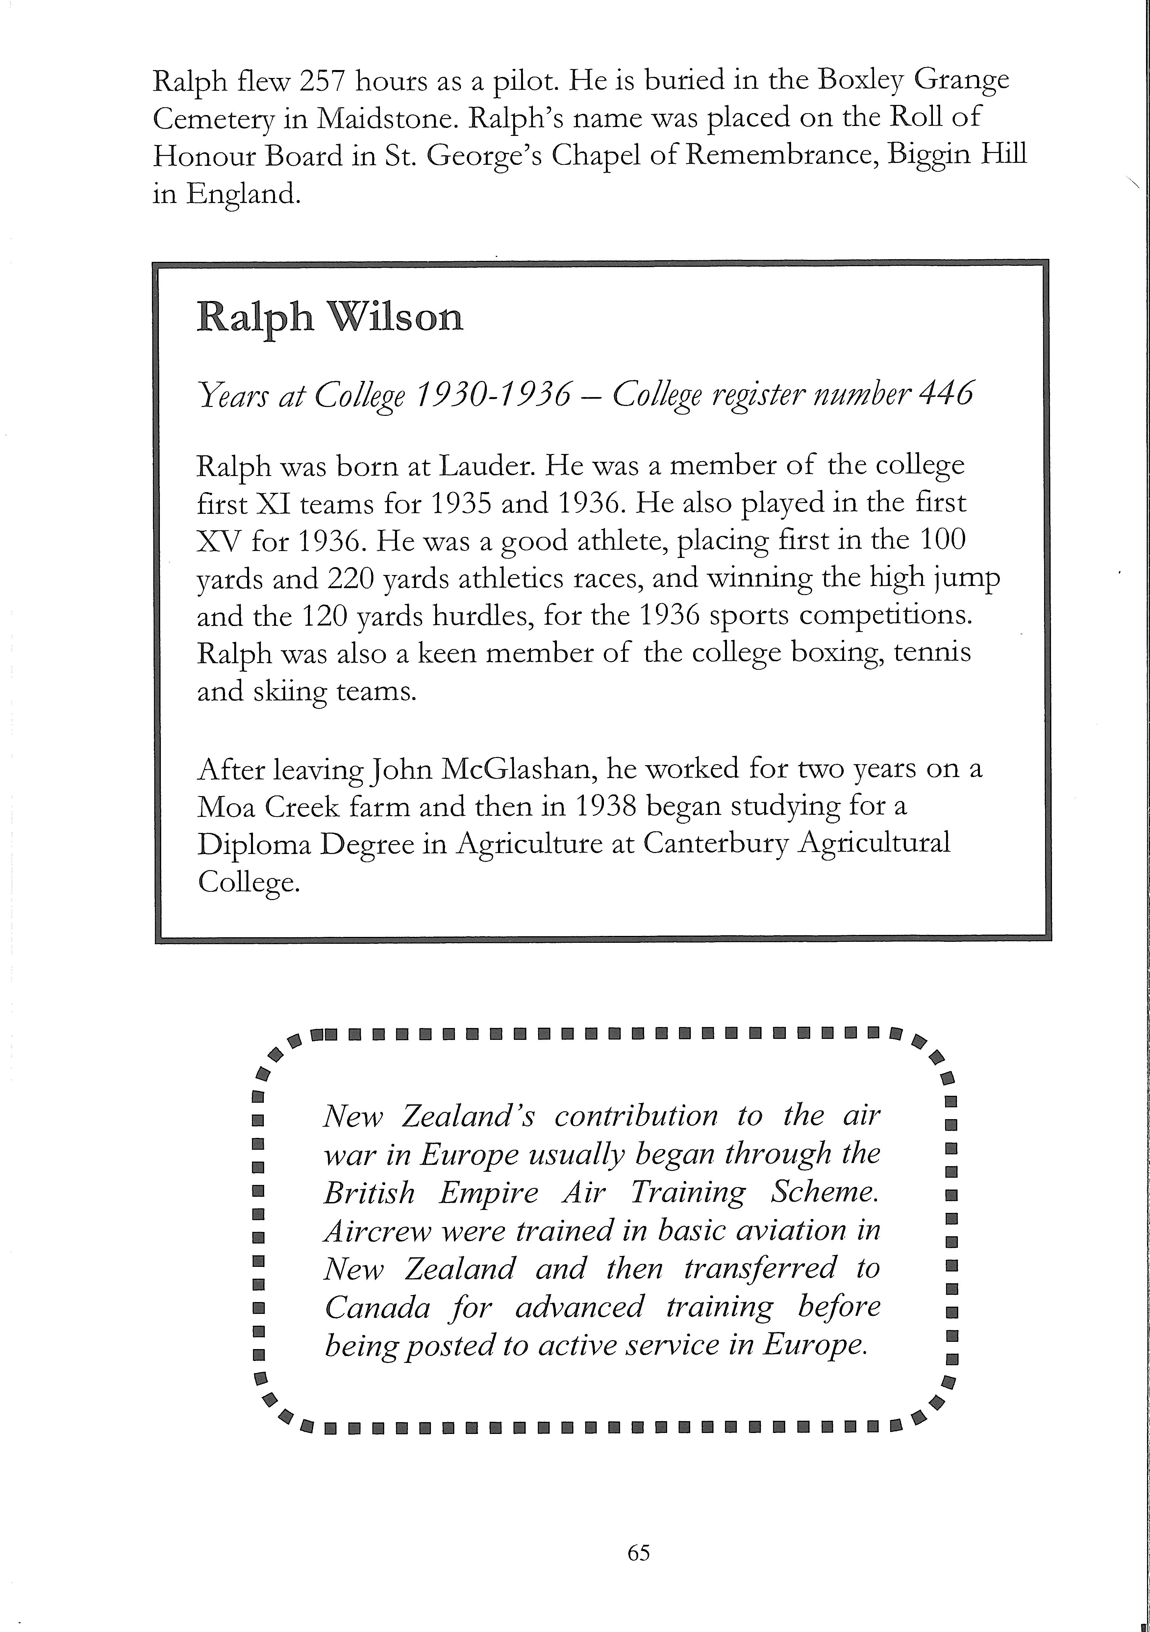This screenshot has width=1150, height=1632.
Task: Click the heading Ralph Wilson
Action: [x=329, y=317]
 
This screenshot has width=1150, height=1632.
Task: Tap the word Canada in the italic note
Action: [x=377, y=1307]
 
